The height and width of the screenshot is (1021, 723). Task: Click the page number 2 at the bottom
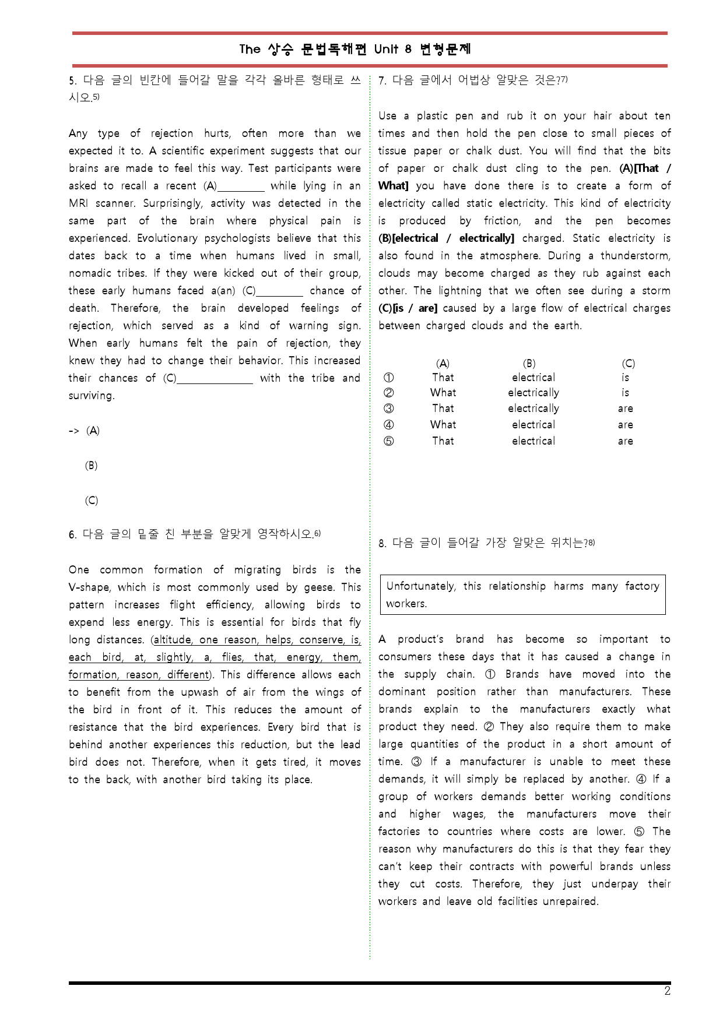point(667,991)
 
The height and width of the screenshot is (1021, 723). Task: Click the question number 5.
point(72,80)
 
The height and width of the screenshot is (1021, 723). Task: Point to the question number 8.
point(382,544)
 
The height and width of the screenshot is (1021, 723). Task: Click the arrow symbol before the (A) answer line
point(74,431)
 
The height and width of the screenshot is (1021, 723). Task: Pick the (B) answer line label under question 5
point(91,466)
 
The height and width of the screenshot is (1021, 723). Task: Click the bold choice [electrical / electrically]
point(452,238)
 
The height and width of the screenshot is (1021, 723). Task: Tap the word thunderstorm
point(636,256)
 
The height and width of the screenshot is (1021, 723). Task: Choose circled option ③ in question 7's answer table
point(389,409)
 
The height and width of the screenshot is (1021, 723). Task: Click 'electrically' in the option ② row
point(533,393)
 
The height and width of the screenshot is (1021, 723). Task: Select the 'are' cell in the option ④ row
point(625,425)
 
